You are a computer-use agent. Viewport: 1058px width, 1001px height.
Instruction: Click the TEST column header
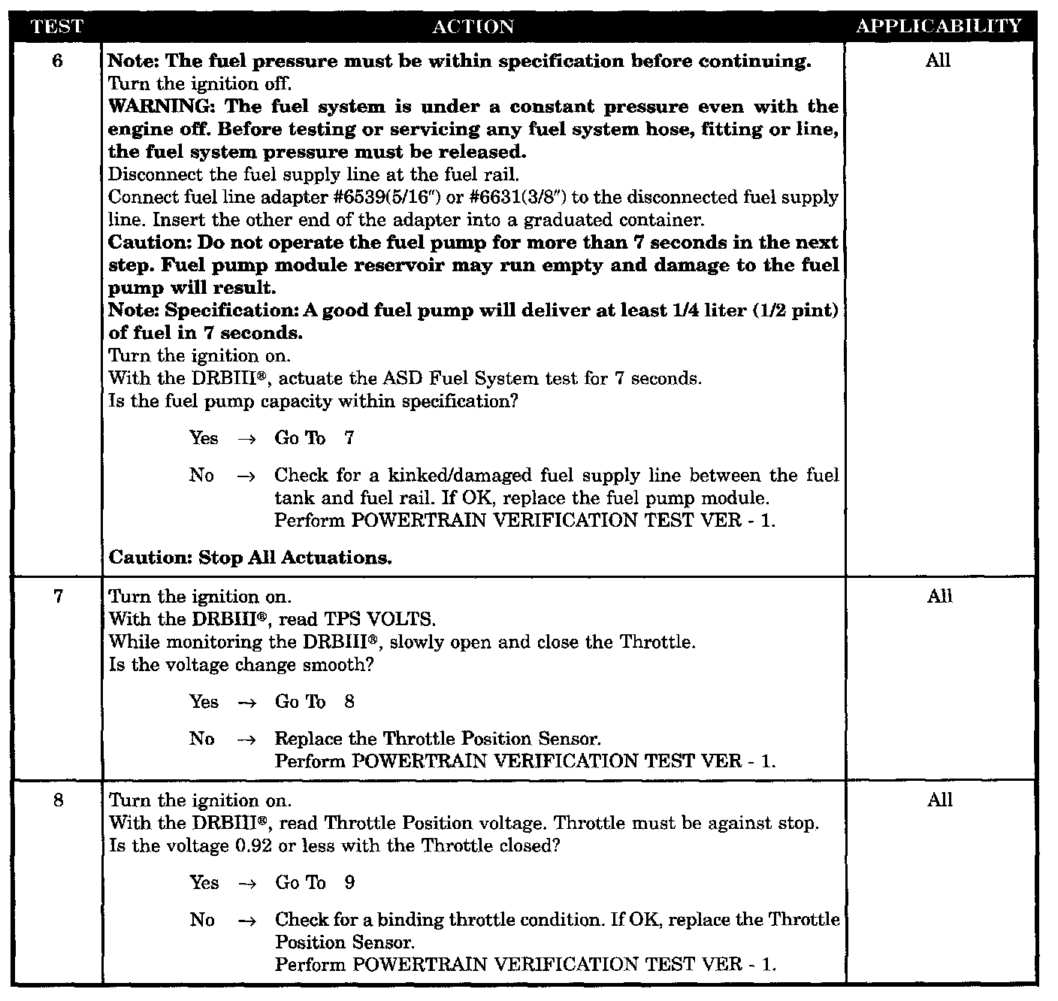tap(57, 26)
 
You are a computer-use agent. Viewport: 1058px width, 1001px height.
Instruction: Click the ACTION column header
tap(473, 27)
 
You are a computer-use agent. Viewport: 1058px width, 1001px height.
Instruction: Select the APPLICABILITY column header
tap(939, 26)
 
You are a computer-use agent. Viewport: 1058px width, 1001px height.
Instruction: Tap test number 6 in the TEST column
tap(58, 61)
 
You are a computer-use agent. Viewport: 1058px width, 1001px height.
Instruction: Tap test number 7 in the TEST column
tap(58, 597)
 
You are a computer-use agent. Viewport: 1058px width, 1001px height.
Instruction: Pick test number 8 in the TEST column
tap(58, 800)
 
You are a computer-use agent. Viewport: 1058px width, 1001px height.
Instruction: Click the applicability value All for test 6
tap(938, 61)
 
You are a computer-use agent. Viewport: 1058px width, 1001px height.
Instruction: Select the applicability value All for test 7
tap(939, 597)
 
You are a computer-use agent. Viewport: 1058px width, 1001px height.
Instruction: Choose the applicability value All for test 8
tap(939, 800)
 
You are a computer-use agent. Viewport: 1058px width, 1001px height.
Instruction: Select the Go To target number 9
tap(349, 883)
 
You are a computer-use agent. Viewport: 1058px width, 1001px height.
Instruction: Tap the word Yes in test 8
tap(204, 883)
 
